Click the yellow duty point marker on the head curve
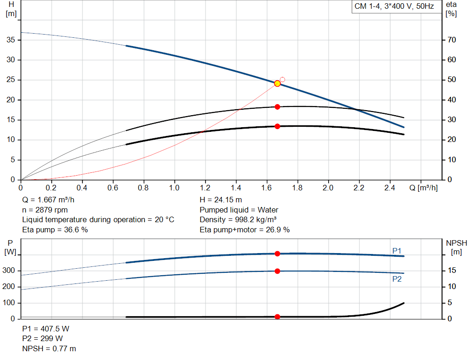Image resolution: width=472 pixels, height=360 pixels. (277, 83)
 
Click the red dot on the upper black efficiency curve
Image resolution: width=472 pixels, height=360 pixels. (277, 107)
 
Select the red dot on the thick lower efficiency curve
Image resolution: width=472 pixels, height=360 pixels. (277, 126)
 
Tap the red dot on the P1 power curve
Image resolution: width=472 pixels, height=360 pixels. (277, 254)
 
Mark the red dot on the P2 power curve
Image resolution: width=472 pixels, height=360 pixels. (277, 271)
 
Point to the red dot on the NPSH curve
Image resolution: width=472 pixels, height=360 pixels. (277, 317)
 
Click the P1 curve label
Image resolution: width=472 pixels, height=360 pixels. (397, 251)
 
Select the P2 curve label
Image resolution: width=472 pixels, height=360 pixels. (397, 279)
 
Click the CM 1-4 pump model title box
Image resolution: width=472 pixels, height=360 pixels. (394, 7)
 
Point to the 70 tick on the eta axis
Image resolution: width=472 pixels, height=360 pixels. (451, 40)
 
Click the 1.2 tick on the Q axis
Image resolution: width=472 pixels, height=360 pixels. (205, 188)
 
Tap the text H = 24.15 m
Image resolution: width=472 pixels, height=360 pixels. (221, 200)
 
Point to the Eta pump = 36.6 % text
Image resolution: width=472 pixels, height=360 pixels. (55, 230)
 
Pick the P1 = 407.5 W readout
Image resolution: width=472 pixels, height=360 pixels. (46, 329)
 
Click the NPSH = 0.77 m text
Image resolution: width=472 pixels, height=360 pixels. (49, 348)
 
